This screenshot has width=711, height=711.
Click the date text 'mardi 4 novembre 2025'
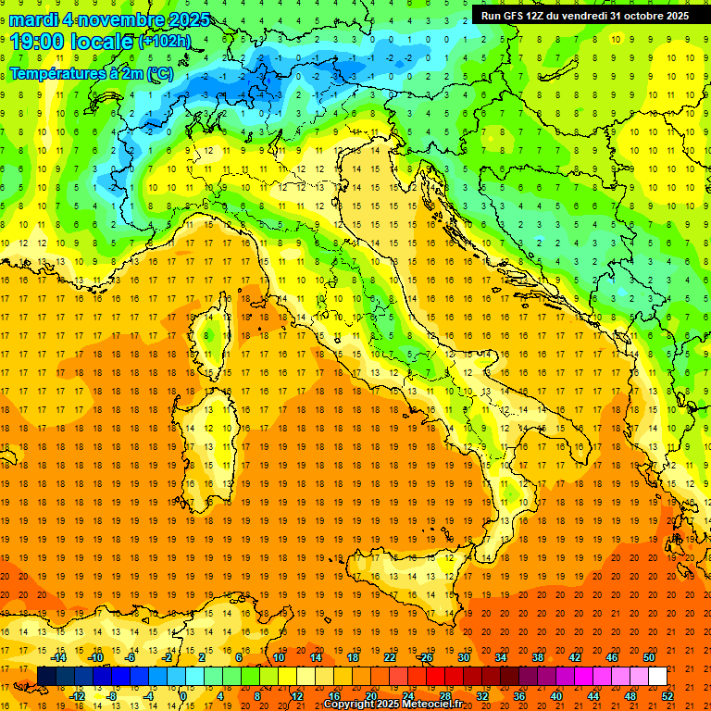pyautogui.click(x=110, y=19)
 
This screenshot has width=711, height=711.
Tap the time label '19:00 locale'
pyautogui.click(x=72, y=42)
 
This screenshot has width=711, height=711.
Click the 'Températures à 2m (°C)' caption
pyautogui.click(x=91, y=73)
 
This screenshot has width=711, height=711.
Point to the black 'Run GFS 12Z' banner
pyautogui.click(x=584, y=15)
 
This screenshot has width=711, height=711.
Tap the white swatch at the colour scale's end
pyautogui.click(x=657, y=676)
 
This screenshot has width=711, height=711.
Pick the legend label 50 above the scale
pyautogui.click(x=649, y=657)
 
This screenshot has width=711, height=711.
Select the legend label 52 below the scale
pyautogui.click(x=667, y=695)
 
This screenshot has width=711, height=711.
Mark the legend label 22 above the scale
pyautogui.click(x=390, y=657)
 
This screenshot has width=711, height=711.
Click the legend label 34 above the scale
pyautogui.click(x=501, y=657)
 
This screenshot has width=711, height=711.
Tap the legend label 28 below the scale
pyautogui.click(x=445, y=695)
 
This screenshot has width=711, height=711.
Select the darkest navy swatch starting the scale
pyautogui.click(x=46, y=676)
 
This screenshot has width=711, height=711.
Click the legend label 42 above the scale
pyautogui.click(x=575, y=657)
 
